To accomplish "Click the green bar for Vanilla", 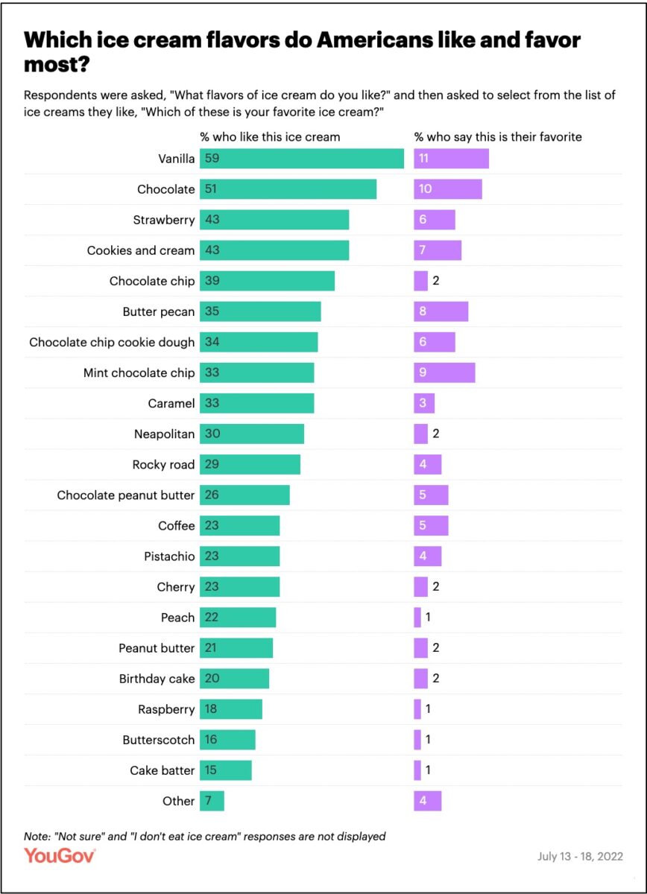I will tap(302, 159).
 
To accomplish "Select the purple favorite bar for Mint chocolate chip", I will tap(444, 372).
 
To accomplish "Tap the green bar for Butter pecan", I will tap(260, 311).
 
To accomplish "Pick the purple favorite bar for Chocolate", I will tap(448, 189).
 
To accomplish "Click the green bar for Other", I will tap(212, 801).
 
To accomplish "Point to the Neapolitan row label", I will tap(164, 434).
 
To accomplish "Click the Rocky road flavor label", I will tap(163, 464).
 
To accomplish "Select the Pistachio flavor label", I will tap(169, 557).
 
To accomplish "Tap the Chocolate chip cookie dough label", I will tap(112, 342).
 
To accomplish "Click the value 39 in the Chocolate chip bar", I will tap(212, 281).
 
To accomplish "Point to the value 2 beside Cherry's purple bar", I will tap(436, 587).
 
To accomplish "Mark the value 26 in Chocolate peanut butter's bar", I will tap(212, 495).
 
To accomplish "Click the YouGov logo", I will tap(60, 856).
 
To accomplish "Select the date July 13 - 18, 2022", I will tap(580, 856).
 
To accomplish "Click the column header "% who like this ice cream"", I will tap(270, 137).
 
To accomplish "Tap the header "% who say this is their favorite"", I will tap(498, 137).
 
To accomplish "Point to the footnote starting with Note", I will tap(205, 836).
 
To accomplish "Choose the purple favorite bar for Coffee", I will tap(431, 526).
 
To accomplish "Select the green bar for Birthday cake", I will tap(234, 679).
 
